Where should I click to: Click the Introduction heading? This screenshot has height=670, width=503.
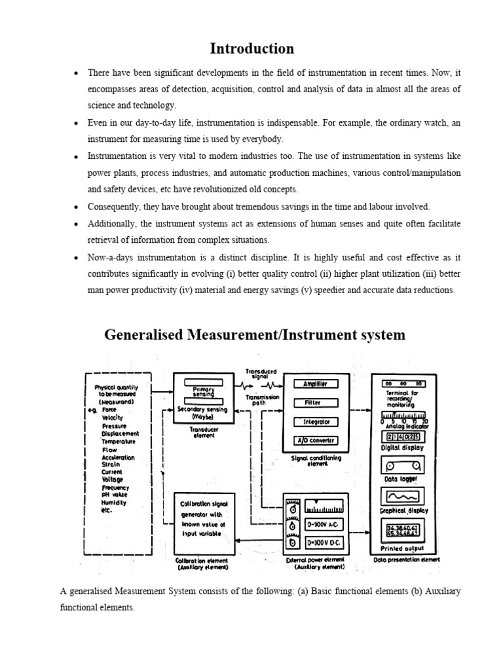(x=251, y=48)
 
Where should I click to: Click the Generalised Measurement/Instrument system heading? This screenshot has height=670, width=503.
(x=255, y=335)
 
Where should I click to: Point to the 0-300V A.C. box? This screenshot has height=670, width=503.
(x=324, y=525)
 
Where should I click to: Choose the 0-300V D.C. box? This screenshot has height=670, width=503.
(x=324, y=542)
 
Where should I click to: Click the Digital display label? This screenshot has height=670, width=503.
(x=402, y=448)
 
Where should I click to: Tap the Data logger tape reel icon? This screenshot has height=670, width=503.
(x=403, y=466)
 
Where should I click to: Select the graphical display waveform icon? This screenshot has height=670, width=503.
(x=403, y=496)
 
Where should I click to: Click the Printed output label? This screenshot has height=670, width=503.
(x=402, y=548)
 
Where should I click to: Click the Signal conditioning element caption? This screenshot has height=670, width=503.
(x=316, y=461)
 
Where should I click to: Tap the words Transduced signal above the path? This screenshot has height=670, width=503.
(x=261, y=374)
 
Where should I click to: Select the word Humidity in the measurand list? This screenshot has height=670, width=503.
(x=115, y=502)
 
